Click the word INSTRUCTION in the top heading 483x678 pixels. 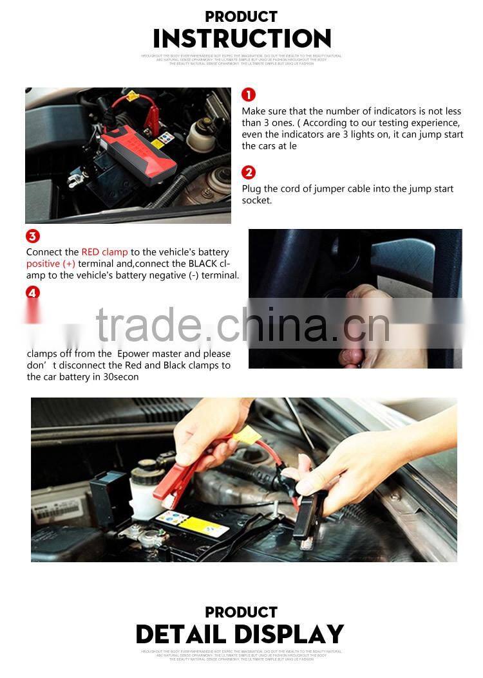[x=241, y=39]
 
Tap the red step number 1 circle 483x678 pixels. [x=249, y=95]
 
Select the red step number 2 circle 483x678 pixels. [x=249, y=172]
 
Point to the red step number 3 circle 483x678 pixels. [x=33, y=236]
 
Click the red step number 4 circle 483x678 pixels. [x=33, y=293]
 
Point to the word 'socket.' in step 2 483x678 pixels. [x=257, y=201]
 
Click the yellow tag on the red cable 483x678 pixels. [x=247, y=435]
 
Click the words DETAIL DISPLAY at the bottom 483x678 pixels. [x=240, y=635]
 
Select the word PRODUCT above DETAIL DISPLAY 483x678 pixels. [x=241, y=612]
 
